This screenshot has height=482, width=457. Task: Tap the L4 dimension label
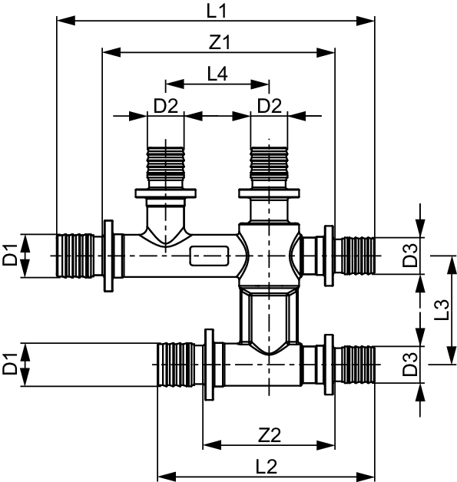click(x=217, y=74)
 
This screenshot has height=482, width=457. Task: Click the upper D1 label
click(x=10, y=255)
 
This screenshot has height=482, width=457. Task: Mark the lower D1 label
click(x=10, y=364)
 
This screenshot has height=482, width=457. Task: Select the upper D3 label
click(x=412, y=255)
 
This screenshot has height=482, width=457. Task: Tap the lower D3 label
click(x=412, y=364)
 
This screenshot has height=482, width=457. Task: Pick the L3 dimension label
click(x=442, y=309)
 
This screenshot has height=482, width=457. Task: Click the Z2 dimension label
click(x=269, y=434)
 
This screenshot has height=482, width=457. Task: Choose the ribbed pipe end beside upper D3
click(x=356, y=255)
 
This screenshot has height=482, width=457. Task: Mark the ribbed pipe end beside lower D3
click(x=356, y=364)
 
